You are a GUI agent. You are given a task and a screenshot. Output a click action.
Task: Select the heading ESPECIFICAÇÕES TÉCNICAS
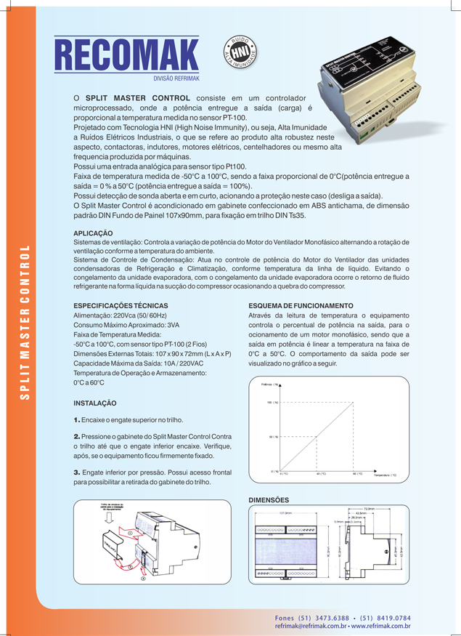point(121,305)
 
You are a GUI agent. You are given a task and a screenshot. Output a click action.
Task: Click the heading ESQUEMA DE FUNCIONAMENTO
point(301,305)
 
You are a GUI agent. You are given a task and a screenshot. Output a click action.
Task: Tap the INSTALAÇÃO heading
point(95,403)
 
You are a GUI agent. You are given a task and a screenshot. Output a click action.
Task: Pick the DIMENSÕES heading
point(269,500)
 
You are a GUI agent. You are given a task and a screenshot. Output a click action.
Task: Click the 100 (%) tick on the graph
point(275,401)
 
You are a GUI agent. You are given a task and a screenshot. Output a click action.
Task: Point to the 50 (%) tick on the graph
point(275,437)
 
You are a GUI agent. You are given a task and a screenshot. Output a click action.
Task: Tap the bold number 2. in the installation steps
point(77,435)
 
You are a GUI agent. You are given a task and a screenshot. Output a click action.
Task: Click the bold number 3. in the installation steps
point(77,472)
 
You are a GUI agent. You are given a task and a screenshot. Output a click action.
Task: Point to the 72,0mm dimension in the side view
point(368,509)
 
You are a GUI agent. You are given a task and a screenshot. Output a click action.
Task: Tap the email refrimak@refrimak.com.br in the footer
point(310,626)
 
